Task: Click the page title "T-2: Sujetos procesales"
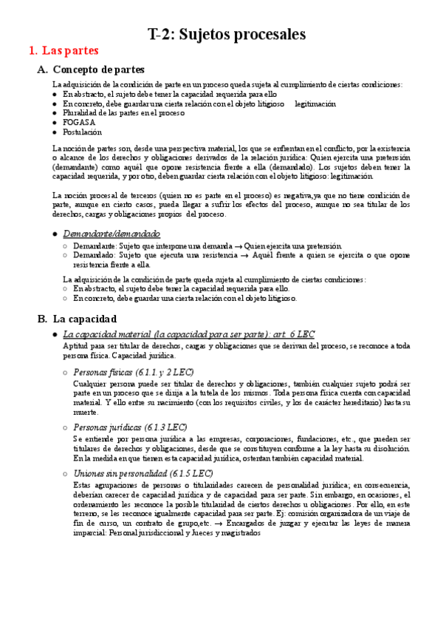[227, 34]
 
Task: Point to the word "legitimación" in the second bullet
[315, 104]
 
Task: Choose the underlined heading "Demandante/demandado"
[111, 233]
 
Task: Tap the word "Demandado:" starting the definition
[93, 254]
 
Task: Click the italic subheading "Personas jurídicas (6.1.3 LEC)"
[130, 427]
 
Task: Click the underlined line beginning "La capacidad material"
[188, 335]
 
